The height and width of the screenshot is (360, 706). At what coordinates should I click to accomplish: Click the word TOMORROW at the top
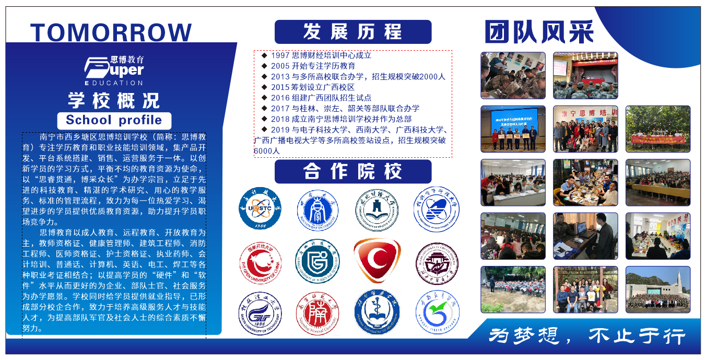click(x=111, y=32)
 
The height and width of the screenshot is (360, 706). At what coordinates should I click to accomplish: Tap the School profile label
click(x=114, y=120)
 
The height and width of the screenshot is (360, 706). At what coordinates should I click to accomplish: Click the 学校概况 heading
click(x=114, y=100)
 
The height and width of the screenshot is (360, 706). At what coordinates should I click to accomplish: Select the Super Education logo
click(x=114, y=70)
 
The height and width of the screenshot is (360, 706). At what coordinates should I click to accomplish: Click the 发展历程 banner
click(x=353, y=32)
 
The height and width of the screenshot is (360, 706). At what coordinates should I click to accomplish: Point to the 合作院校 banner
click(x=353, y=171)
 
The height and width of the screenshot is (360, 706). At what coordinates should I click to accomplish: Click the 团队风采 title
click(x=538, y=32)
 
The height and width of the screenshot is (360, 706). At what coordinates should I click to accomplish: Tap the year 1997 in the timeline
click(x=280, y=55)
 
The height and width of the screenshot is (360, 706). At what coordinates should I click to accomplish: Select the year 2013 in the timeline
click(x=280, y=76)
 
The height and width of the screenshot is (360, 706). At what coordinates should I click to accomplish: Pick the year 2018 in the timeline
click(x=280, y=119)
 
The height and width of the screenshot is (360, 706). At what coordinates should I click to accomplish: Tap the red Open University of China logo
click(x=260, y=261)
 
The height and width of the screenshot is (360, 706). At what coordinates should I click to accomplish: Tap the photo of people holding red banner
click(x=658, y=129)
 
